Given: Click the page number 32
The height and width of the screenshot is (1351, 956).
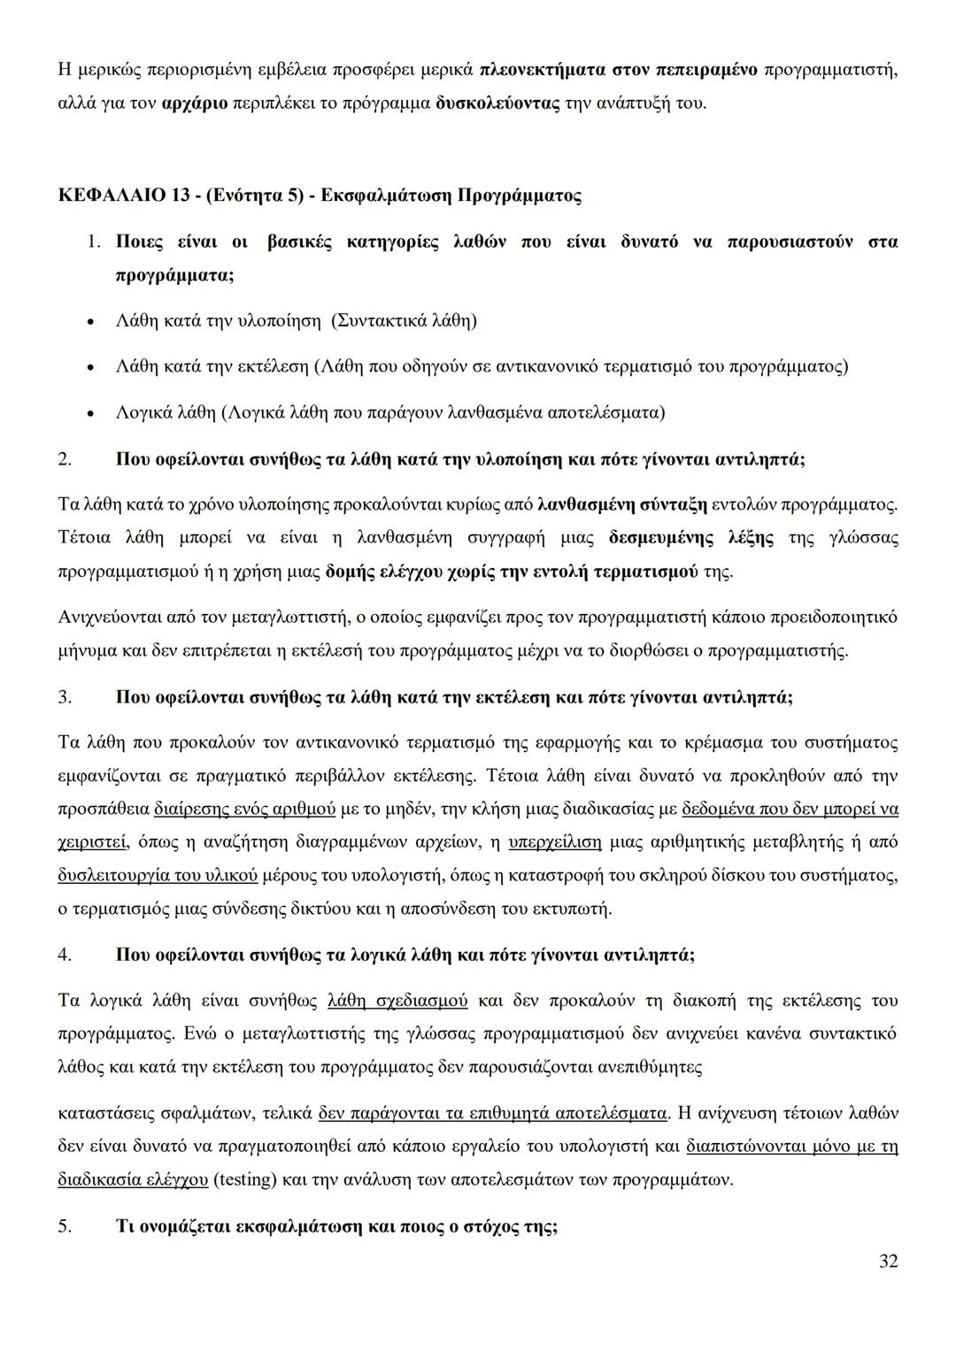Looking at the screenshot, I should point(888,1261).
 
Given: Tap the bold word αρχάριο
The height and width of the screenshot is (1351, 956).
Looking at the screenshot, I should point(195,104).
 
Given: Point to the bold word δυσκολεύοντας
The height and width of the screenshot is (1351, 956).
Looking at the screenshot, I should point(498,104).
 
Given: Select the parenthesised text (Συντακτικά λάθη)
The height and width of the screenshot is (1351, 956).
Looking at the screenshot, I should point(404,320).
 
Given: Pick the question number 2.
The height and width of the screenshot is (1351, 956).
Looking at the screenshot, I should point(65,459).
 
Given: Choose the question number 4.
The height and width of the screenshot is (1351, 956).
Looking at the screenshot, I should point(65,955).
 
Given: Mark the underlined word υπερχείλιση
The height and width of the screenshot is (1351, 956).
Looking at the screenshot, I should point(555,842).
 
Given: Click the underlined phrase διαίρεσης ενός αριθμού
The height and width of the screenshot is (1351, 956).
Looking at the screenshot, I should point(245,809).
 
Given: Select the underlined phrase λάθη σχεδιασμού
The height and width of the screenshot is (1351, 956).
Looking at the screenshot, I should point(397,1001).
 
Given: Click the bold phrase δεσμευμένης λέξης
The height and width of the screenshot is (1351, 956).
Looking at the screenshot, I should point(691,538).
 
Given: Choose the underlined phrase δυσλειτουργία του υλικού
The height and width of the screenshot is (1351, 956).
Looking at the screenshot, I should point(158,876).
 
